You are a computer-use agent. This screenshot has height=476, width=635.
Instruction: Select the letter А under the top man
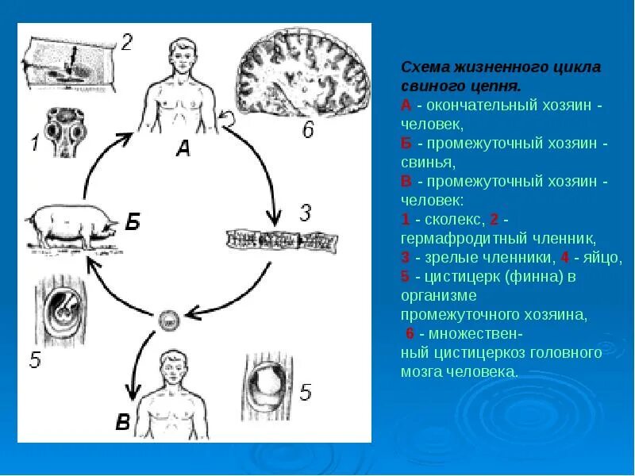pos(183,148)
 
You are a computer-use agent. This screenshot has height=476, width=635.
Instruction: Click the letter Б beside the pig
pos(133,221)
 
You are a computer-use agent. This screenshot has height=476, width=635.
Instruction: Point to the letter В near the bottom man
pos(122,421)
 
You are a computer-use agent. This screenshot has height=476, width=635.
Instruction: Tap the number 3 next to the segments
pos(306,213)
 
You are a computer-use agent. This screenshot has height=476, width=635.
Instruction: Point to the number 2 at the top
pos(127,41)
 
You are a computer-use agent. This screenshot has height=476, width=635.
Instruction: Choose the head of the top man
pos(183,56)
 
